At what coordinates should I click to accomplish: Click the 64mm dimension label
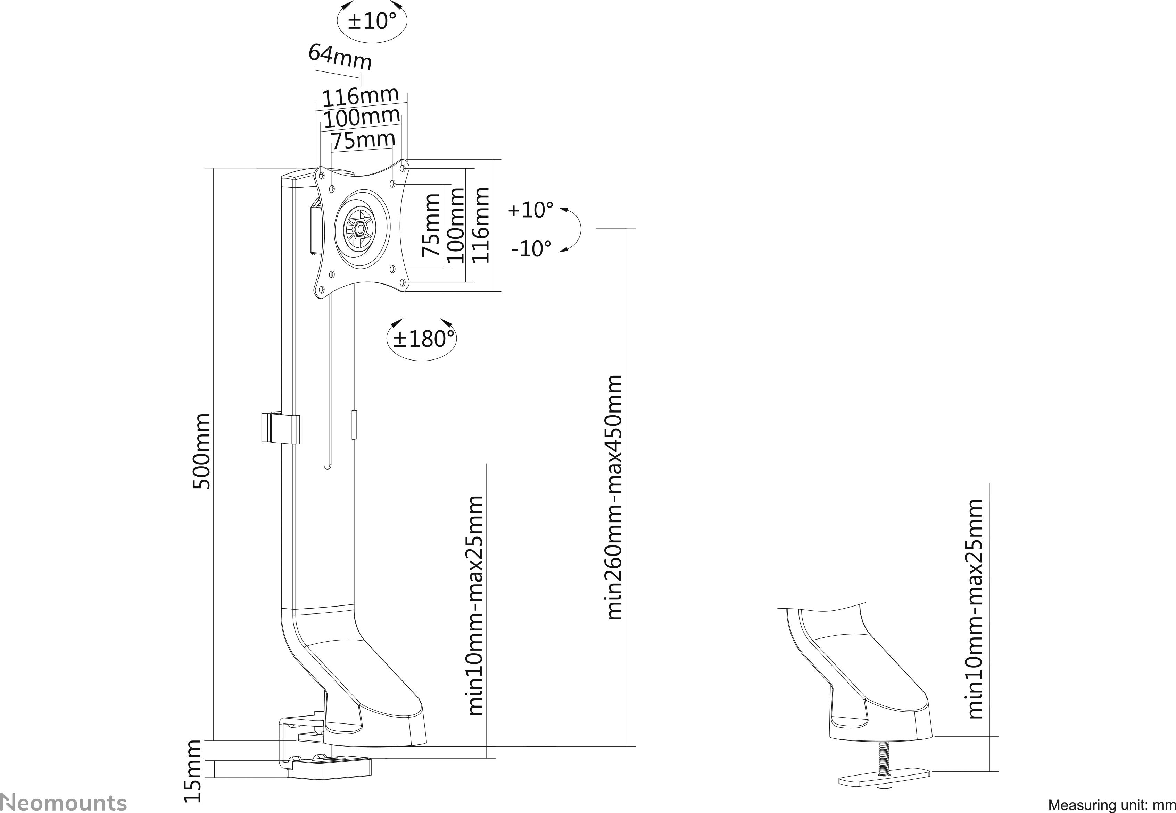point(340,57)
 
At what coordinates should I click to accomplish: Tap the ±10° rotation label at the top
point(372,21)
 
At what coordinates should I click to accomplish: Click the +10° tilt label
point(530,210)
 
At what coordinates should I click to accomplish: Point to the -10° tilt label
point(531,248)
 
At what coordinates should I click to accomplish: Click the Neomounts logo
point(63,802)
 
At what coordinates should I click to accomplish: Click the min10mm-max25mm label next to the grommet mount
point(974,609)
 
